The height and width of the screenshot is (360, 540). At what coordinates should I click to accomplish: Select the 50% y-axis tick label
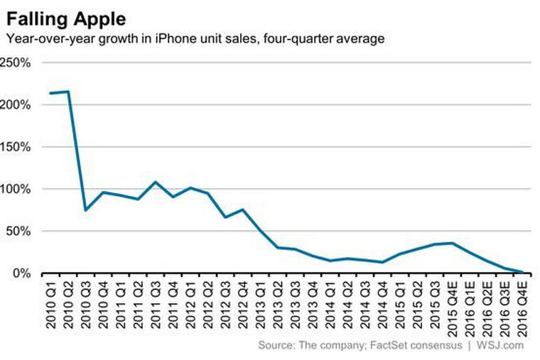[19, 231]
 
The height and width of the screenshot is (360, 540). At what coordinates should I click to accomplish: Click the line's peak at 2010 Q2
[67, 91]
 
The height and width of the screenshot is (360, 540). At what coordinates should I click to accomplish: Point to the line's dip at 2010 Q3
[85, 210]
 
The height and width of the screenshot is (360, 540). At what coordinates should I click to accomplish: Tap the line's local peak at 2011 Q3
[155, 182]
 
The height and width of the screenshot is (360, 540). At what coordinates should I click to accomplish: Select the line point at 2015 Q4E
[452, 243]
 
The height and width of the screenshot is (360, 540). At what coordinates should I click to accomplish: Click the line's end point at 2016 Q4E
[522, 272]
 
